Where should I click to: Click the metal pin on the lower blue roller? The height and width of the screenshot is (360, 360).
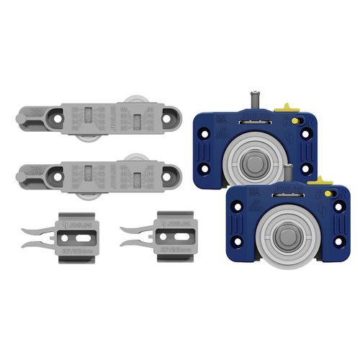coord(288,173)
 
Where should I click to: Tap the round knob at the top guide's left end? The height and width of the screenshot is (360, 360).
coord(21,114)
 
